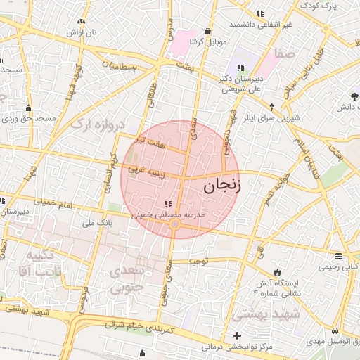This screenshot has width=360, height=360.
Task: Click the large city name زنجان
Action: tap(221, 186)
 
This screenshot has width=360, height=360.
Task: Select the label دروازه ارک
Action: tap(98, 125)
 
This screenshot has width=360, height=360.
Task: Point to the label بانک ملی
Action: tap(98, 223)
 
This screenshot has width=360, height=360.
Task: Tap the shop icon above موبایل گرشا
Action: tap(207, 31)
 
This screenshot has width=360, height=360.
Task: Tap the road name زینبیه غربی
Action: tap(146, 170)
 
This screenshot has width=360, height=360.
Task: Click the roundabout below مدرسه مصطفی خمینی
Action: tap(174, 225)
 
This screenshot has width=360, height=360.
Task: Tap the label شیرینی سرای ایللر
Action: tap(271, 117)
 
